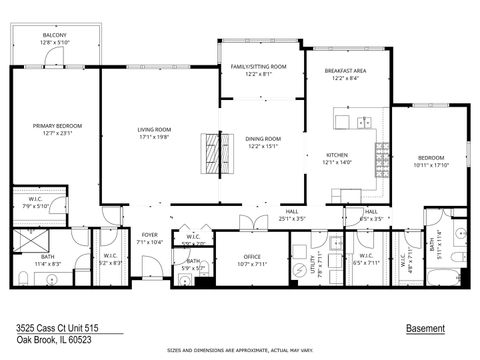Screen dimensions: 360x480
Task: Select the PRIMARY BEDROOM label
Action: (x=54, y=125)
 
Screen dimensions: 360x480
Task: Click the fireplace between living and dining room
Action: (x=212, y=155)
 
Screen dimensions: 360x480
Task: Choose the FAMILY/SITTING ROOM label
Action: (x=258, y=67)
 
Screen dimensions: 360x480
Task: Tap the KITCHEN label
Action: (x=336, y=155)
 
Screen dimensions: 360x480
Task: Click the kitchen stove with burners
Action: (x=380, y=155)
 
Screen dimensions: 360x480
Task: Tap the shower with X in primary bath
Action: (x=26, y=238)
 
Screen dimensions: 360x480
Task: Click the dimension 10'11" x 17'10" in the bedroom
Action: (x=430, y=165)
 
